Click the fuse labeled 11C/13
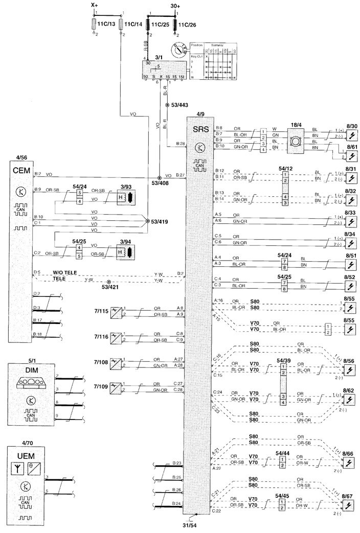pos(94,25)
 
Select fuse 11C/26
pos(175,25)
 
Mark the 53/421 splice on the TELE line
pos(108,282)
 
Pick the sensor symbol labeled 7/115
pos(118,311)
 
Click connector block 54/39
pos(281,370)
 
